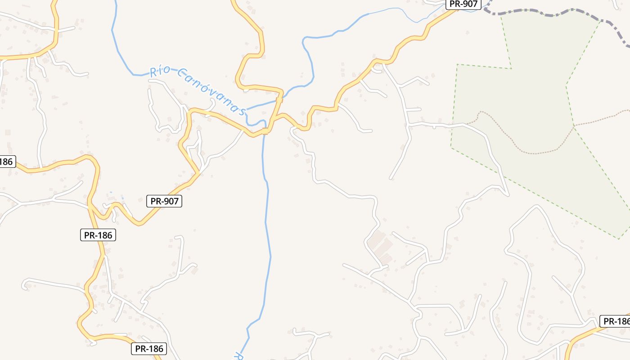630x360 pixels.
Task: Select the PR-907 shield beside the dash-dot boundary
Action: click(x=463, y=4)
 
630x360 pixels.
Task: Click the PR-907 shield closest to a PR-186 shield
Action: click(x=164, y=201)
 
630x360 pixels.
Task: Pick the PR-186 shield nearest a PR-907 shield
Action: click(x=98, y=234)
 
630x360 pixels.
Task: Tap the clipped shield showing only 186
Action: click(x=6, y=162)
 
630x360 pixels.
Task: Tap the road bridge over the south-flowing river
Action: click(x=265, y=131)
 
